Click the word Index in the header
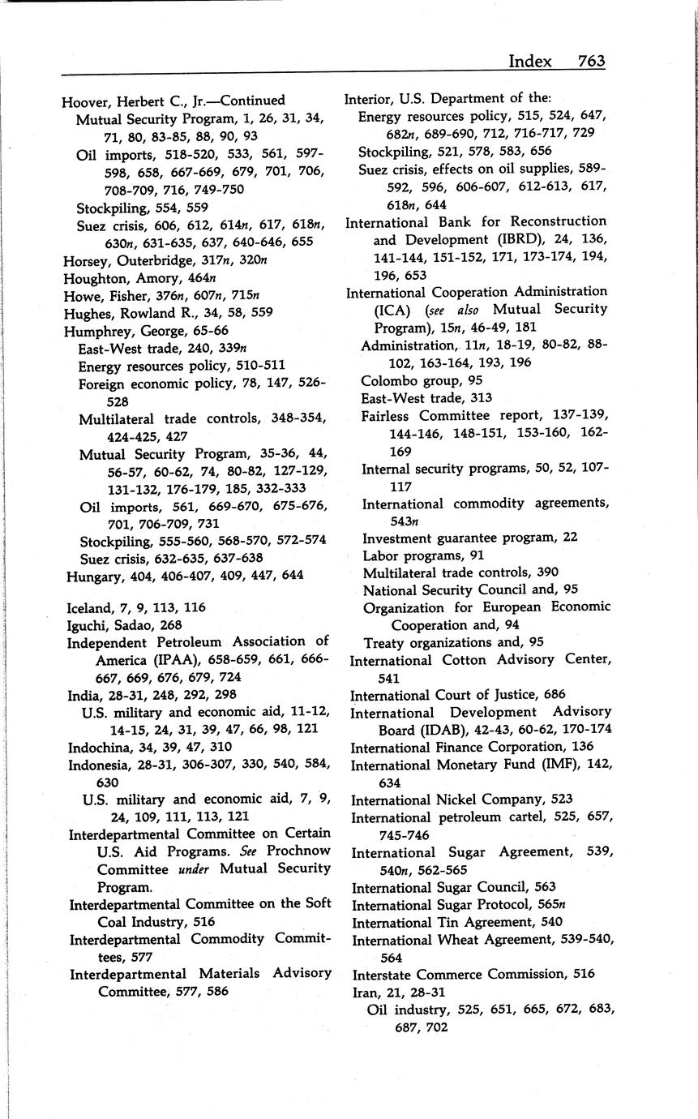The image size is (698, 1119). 529,61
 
